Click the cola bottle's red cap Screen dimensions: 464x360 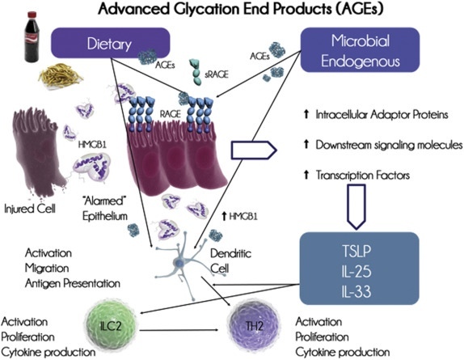point(32,15)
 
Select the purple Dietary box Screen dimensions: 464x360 point(111,43)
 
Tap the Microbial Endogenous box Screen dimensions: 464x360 point(361,49)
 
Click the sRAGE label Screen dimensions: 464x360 point(217,74)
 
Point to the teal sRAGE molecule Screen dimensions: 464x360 point(196,72)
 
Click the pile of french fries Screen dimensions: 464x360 point(61,75)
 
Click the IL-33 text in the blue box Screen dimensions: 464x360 point(356,291)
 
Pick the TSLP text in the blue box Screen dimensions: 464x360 point(356,251)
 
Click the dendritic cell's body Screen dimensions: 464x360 point(179,262)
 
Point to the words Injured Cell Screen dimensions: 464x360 point(30,209)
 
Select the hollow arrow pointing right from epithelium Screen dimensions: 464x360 point(254,150)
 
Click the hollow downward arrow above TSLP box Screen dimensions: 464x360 point(356,206)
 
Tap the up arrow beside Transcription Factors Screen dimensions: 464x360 point(306,175)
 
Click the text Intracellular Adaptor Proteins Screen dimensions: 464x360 point(382,114)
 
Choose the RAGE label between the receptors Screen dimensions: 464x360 point(170,114)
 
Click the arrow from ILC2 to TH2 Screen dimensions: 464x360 point(179,330)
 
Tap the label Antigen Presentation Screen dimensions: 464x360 point(73,283)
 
